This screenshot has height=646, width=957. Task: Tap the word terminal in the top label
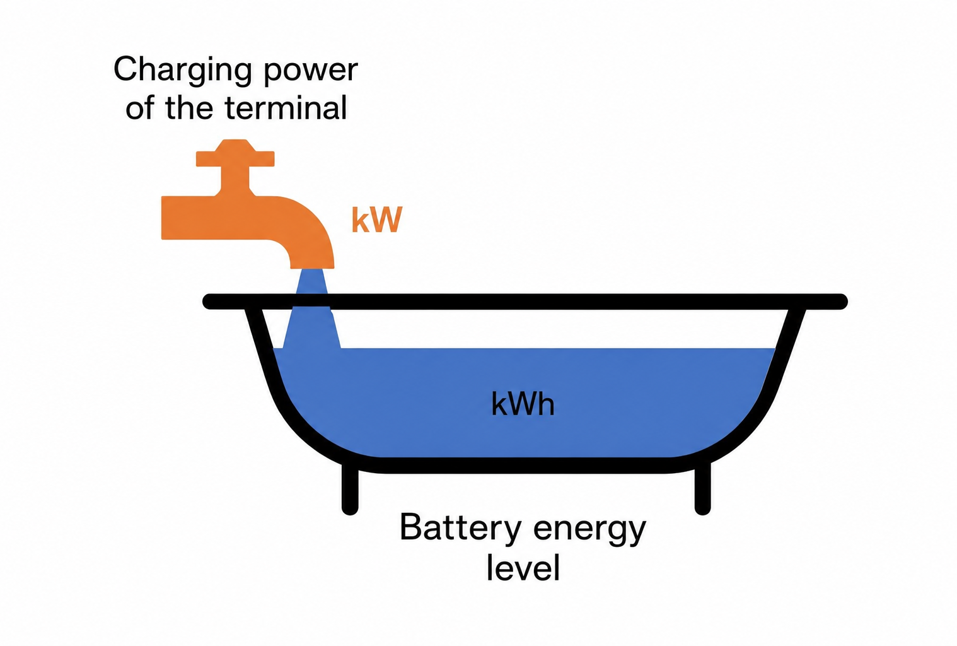(x=286, y=107)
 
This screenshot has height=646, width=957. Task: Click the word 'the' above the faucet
(x=189, y=107)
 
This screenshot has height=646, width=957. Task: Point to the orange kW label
(x=377, y=220)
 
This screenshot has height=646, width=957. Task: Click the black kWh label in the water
(x=523, y=403)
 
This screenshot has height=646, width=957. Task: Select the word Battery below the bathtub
(x=460, y=528)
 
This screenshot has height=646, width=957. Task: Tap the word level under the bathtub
(x=523, y=567)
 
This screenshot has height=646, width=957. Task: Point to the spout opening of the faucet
(x=312, y=266)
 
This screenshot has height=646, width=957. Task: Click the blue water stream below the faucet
(x=312, y=308)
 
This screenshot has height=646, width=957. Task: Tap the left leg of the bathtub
(x=350, y=490)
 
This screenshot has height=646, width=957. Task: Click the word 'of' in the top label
(x=139, y=107)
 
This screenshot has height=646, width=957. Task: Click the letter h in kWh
(x=546, y=403)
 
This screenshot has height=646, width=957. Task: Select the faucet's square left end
(x=171, y=218)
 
